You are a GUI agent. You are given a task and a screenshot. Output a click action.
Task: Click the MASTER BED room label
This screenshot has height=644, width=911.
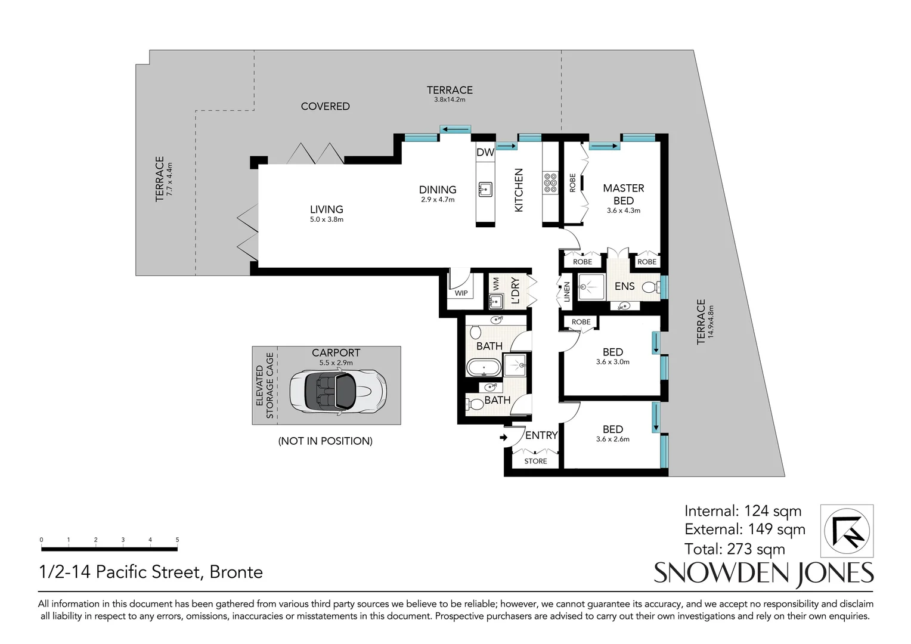pos(623,194)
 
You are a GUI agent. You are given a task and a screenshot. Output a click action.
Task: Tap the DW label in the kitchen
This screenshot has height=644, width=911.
pos(485,152)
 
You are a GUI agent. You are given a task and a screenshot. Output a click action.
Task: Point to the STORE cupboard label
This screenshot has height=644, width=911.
pos(535,461)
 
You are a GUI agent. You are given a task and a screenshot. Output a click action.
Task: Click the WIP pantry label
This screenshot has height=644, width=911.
pos(461,293)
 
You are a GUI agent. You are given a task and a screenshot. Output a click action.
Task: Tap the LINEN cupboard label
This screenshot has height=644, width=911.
pos(567,292)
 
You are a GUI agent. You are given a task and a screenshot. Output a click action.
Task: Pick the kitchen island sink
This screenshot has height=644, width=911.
pos(485,190)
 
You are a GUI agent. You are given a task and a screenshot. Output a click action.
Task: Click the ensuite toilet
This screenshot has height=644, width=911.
pos(651,287)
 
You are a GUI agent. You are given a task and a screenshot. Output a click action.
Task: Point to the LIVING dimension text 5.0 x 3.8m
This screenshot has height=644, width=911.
pos(326,219)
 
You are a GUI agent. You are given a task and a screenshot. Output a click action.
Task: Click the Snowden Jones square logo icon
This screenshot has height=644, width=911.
pos(847,531)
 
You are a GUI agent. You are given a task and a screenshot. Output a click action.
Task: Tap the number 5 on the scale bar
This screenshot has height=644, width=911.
pos(177,540)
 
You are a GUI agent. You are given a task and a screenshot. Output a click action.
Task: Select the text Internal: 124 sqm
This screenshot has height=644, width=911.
pos(742,511)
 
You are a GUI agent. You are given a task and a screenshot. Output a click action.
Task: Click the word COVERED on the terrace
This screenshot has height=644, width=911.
pos(325,106)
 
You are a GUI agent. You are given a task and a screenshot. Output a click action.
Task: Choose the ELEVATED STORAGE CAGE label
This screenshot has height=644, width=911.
pos(265,386)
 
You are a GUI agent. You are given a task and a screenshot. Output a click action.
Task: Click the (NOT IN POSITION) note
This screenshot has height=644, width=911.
pos(326,441)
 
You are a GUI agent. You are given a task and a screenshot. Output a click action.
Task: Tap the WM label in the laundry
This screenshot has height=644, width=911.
pos(495,283)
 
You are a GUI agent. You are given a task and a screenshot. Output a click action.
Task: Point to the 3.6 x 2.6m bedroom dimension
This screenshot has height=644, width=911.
pos(612,439)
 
